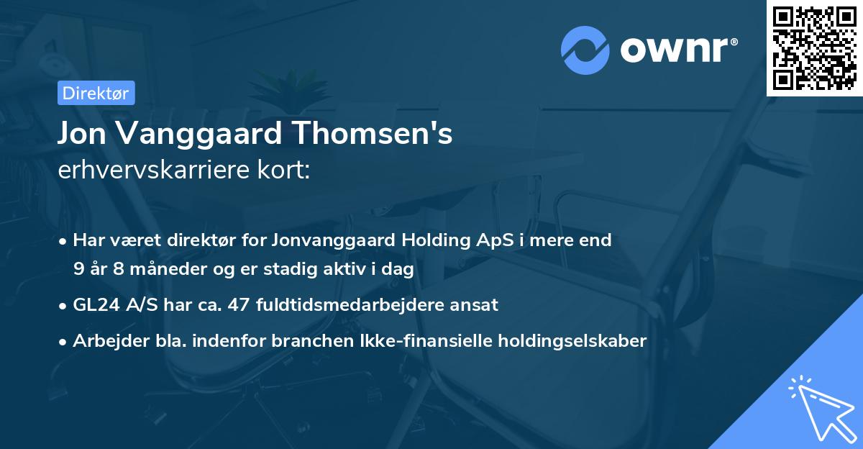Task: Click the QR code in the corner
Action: coord(815,47)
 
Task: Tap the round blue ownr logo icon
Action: coord(585,50)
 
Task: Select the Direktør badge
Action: coord(96,93)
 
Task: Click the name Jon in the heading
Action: coord(82,134)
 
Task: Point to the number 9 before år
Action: coord(78,270)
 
